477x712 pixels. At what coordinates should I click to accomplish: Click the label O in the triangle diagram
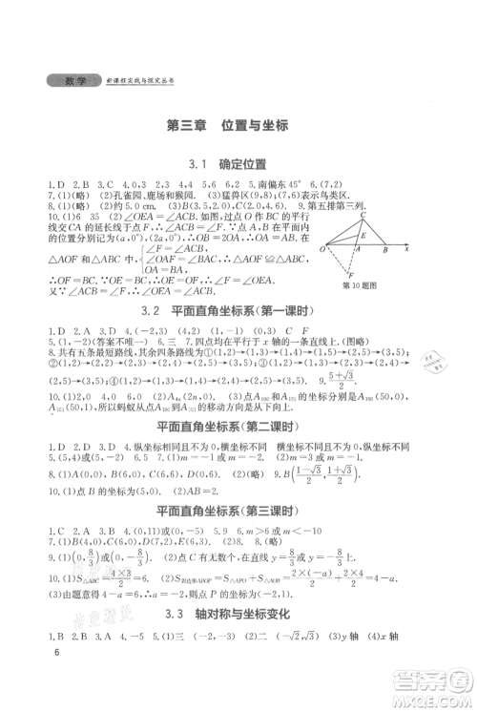(x=322, y=250)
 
